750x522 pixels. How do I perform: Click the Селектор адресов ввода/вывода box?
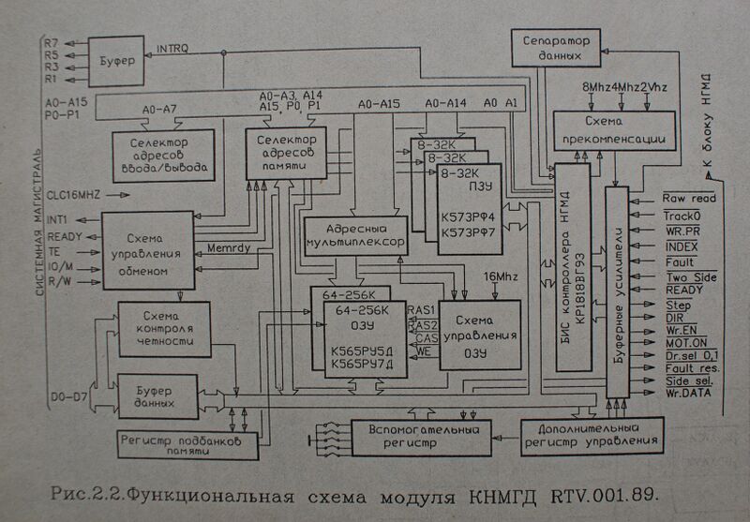[x=163, y=155]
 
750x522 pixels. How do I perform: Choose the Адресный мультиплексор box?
[x=355, y=234]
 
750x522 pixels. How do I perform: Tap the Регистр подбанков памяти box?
[x=187, y=444]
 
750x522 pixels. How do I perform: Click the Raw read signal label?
[x=689, y=199]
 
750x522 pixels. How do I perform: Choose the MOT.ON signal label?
[x=685, y=343]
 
